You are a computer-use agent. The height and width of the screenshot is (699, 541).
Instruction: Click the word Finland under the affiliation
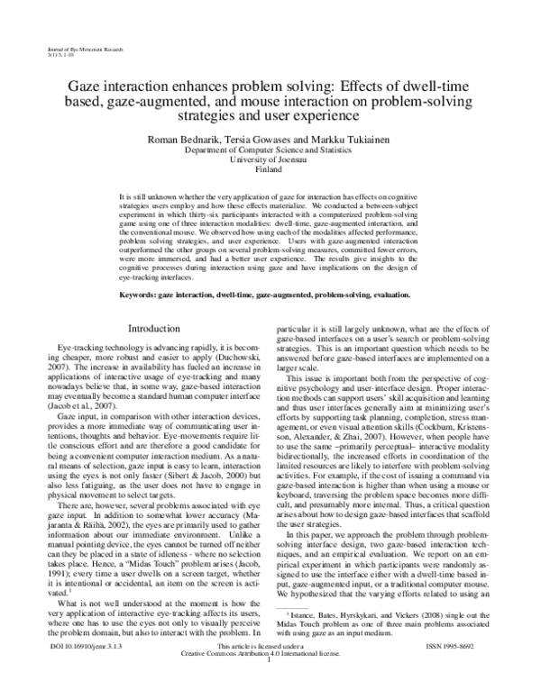270,168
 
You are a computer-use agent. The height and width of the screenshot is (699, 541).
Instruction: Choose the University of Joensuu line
270,159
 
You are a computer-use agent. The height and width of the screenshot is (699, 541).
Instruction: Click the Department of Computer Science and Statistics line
270,150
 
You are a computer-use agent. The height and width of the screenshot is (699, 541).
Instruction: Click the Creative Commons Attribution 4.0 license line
270,679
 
